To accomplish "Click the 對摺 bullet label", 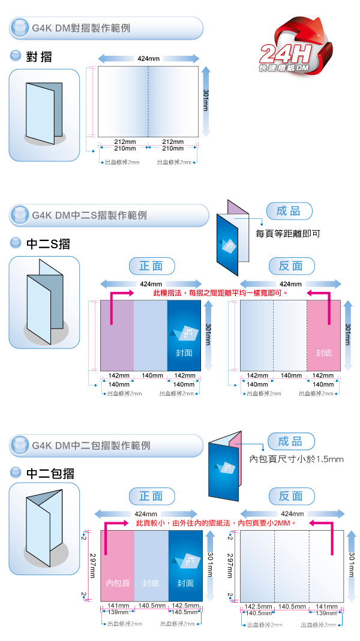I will pos(39,57).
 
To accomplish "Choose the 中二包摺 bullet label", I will pos(50,473).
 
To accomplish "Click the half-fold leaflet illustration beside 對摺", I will pos(44,114).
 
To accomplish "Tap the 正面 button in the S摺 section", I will pos(152,266).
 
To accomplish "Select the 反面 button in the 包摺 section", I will pos(291,496).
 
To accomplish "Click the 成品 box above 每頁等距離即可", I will pos(289,211).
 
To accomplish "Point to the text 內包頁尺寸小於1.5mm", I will pos(296,459).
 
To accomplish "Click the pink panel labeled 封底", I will pos(323,336).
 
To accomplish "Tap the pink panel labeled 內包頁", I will pos(117,566).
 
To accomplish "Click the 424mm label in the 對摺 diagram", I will pos(148,59).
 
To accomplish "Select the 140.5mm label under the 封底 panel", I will pos(152,606).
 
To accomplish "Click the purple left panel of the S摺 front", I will pos(116,336).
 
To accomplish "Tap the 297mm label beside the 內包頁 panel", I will pos(93,566).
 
